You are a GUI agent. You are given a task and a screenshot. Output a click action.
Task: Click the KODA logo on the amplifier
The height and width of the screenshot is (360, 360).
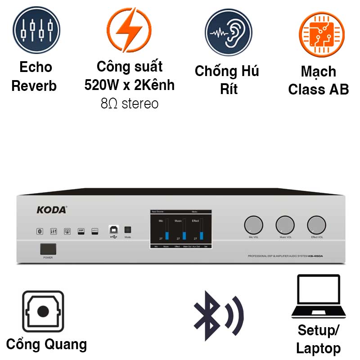point(52,210)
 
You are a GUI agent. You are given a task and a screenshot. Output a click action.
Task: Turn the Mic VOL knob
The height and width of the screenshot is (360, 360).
point(253,225)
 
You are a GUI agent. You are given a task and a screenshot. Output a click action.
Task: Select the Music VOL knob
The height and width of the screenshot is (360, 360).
point(285,225)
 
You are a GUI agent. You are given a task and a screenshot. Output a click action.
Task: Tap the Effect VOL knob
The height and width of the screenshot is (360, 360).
point(316,225)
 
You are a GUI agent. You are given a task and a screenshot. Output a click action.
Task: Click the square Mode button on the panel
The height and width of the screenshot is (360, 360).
point(127,229)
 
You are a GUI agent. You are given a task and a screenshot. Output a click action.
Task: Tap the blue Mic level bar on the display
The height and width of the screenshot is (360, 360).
point(166,235)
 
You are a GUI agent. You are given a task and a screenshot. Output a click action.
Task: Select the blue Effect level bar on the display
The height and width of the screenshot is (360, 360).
point(201,235)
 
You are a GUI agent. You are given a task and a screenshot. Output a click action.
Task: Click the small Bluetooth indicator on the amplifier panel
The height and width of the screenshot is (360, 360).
point(40,231)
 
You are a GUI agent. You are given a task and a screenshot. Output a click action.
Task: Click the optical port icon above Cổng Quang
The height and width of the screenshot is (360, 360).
point(43,311)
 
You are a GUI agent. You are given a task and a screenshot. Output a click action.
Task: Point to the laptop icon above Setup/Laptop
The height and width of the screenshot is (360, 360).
point(318,296)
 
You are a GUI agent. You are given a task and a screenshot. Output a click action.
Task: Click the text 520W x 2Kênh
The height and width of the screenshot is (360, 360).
point(130,85)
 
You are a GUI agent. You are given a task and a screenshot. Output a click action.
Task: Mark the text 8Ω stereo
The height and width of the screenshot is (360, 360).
point(130,104)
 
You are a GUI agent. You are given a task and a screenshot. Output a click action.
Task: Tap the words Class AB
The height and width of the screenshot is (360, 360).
point(319,89)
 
